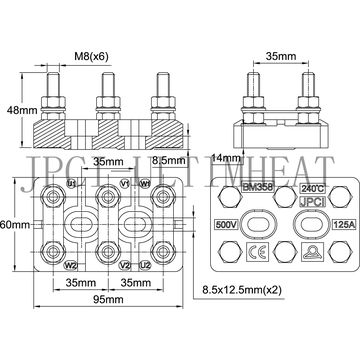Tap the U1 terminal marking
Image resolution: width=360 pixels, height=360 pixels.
pos(70,184)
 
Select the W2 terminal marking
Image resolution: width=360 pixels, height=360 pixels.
pos(70,266)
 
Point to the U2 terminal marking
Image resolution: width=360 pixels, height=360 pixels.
pos(146,266)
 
